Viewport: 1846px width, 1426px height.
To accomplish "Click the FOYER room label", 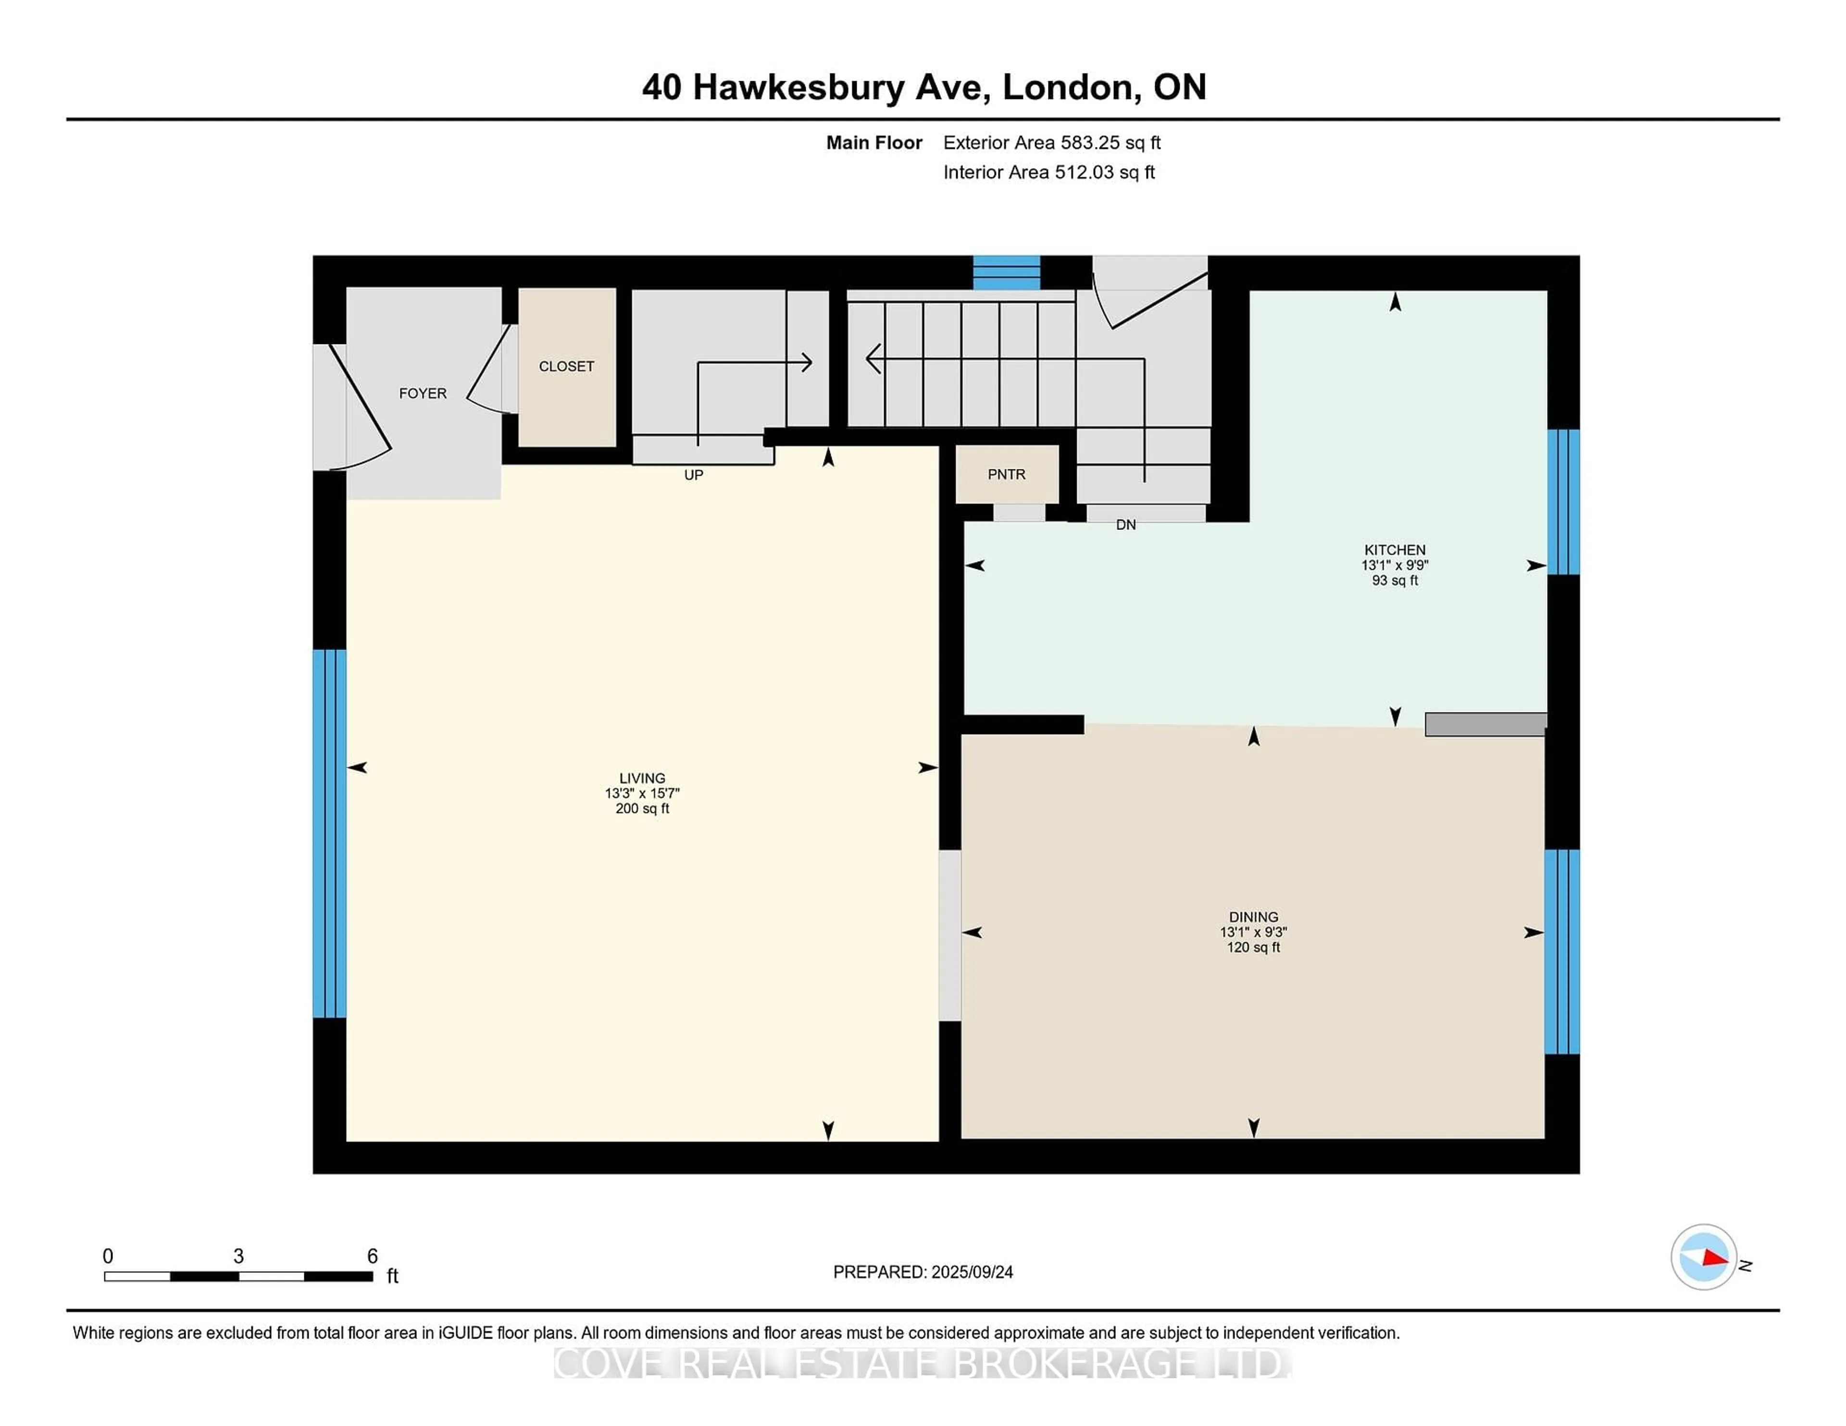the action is [x=423, y=393].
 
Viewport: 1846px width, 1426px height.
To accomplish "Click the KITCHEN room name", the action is [x=1395, y=550].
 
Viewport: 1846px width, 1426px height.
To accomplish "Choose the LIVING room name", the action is [x=642, y=778].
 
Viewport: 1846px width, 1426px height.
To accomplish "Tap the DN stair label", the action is [x=1126, y=525].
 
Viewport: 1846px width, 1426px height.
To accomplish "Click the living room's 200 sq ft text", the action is [x=642, y=809].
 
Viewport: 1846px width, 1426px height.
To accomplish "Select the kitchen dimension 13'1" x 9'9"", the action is [x=1395, y=565].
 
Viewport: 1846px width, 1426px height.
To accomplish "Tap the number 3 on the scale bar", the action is [x=238, y=1256].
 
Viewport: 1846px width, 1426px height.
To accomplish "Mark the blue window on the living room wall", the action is [x=330, y=834].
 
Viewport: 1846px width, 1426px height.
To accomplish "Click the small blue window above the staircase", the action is [x=1006, y=273].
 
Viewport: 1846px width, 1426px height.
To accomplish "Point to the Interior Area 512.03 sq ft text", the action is [x=1049, y=172].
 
